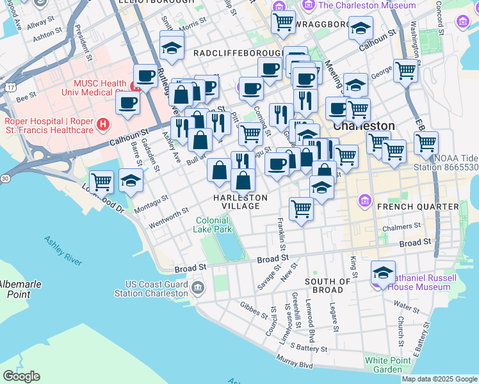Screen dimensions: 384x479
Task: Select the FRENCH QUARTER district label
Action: pos(418,207)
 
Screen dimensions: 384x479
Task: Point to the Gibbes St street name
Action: pos(254,310)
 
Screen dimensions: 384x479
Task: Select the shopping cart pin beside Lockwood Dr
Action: pos(101,182)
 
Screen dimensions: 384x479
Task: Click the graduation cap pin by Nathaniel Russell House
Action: pos(383,273)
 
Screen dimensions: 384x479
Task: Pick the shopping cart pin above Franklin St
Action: pos(300,207)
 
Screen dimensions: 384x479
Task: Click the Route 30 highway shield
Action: pos(5,178)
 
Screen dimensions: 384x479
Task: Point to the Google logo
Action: pos(21,376)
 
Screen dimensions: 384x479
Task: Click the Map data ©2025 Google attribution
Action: pos(439,379)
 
